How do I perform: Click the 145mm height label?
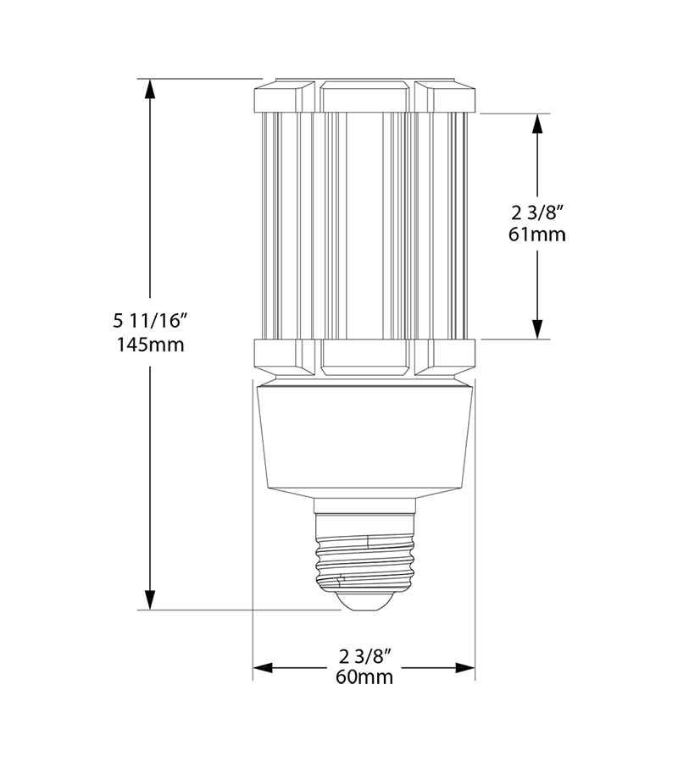coord(149,345)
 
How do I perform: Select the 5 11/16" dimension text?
coord(149,321)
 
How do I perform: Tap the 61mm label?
coord(537,234)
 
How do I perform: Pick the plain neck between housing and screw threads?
coord(364,506)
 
